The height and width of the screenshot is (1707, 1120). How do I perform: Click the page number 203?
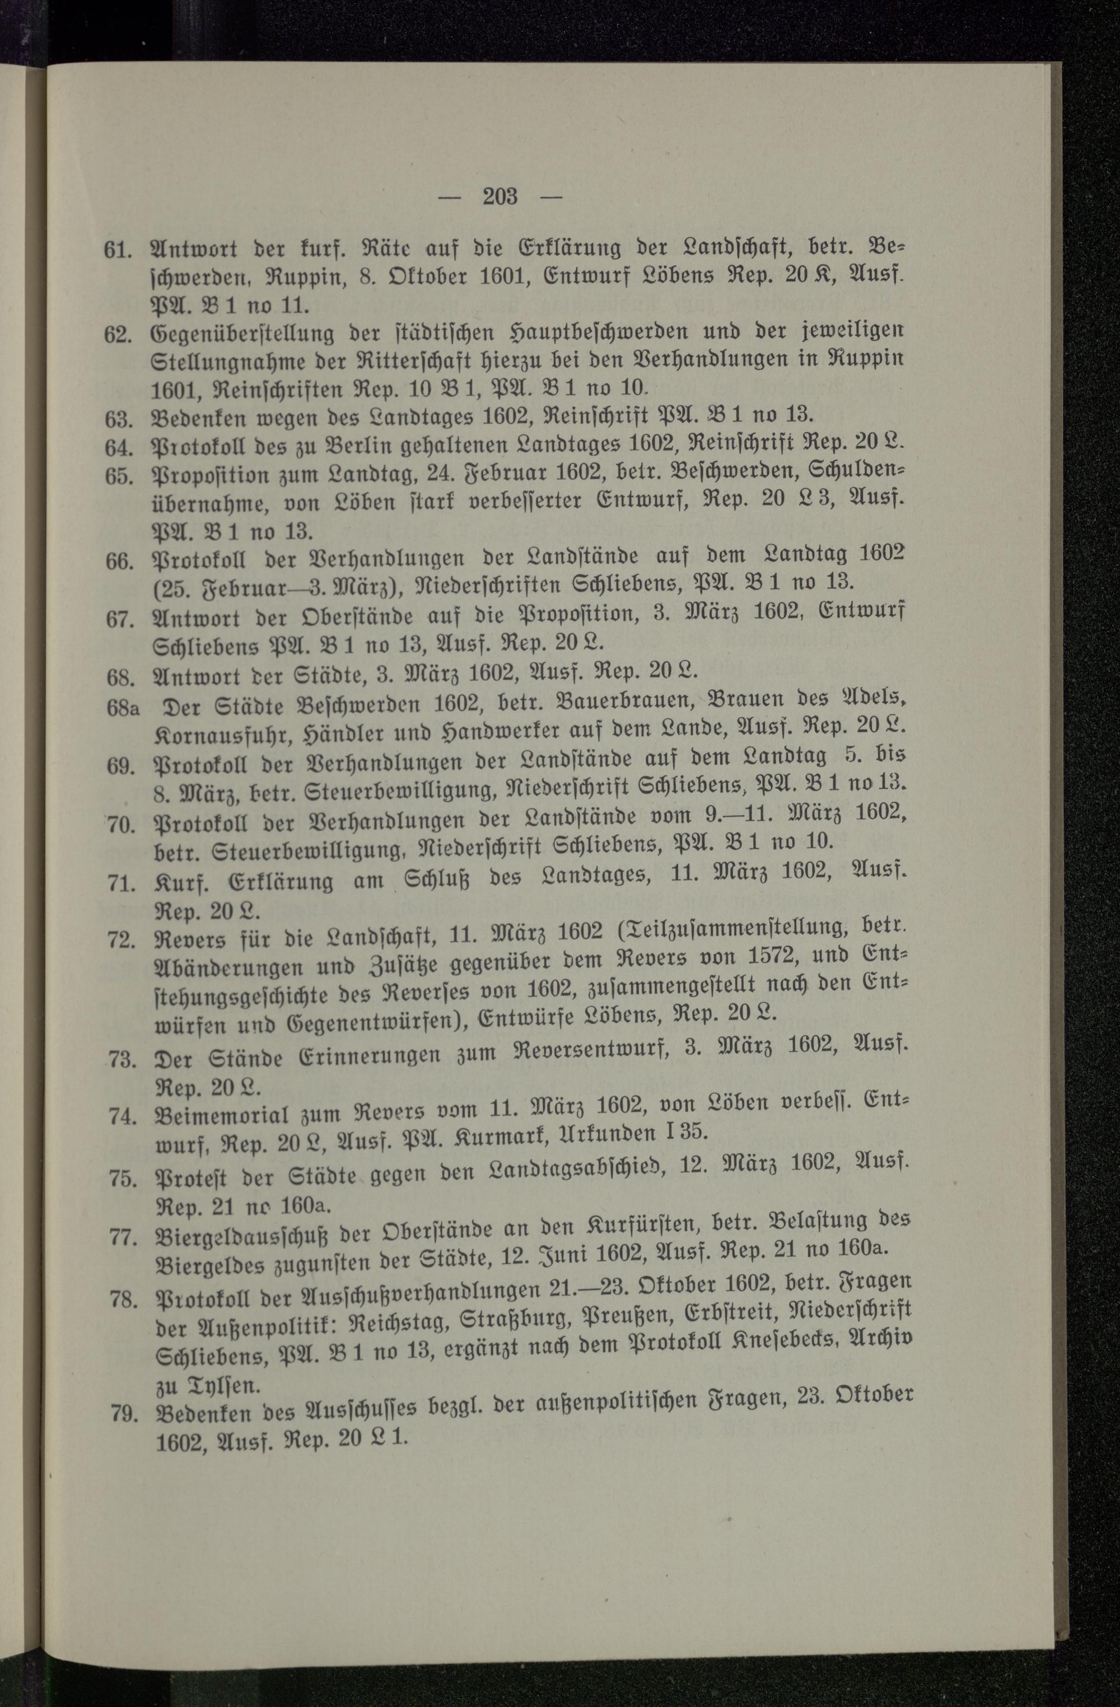[500, 196]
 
